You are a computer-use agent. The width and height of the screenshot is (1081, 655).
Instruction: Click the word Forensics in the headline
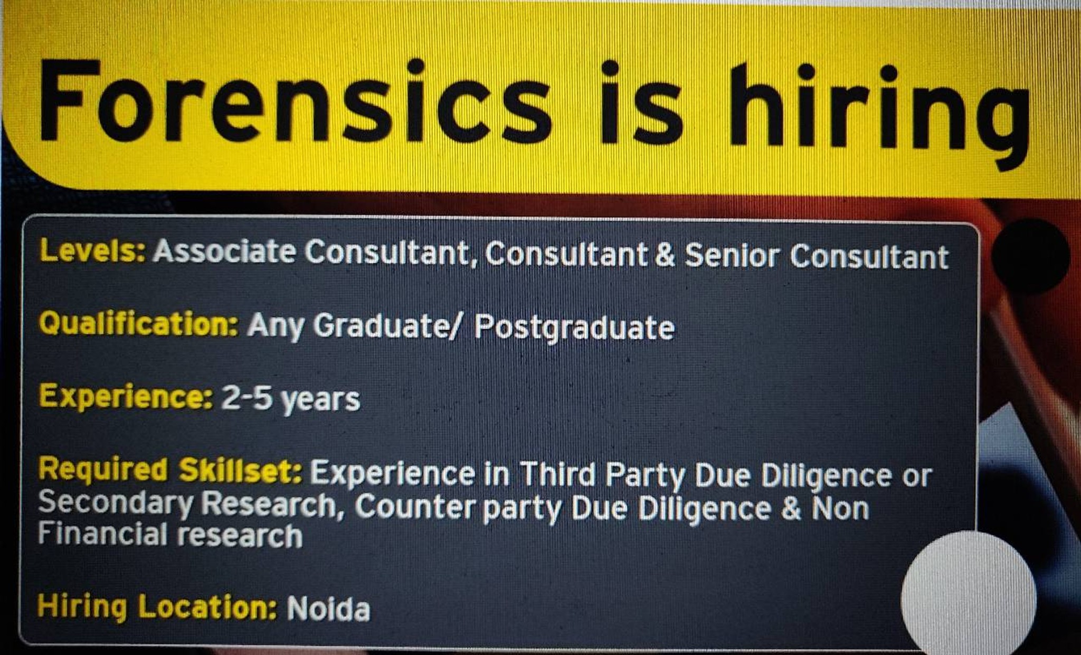pos(295,100)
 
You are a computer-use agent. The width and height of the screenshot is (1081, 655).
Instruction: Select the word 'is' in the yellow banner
pos(642,102)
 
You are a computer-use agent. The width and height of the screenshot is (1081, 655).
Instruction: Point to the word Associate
pos(224,251)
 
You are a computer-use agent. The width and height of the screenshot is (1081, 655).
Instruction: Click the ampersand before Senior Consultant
pos(665,255)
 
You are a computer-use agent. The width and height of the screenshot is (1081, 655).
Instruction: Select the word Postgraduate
pos(574,327)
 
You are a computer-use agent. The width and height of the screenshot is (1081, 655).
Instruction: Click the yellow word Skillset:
pos(240,471)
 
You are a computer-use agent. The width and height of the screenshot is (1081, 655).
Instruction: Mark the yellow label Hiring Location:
pos(157,606)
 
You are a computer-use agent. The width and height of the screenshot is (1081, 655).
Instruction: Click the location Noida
pos(328,609)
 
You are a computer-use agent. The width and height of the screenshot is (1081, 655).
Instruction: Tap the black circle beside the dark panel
pos(1030,256)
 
